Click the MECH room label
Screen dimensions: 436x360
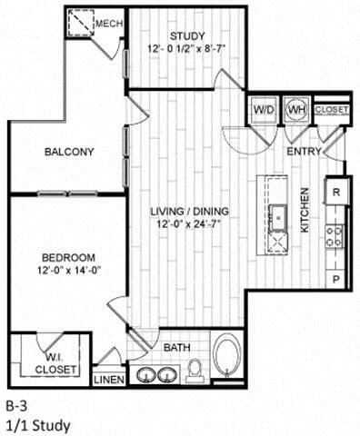(108, 23)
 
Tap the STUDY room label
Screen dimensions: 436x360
(186, 36)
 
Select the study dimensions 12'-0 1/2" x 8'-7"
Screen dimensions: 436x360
(186, 51)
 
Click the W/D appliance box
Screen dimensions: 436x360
(264, 110)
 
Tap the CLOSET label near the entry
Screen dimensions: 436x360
(330, 109)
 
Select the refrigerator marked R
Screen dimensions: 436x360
(335, 192)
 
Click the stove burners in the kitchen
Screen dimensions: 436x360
(335, 236)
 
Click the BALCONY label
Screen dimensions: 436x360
(69, 152)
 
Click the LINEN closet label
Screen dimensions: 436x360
(109, 380)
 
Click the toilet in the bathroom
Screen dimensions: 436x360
(194, 370)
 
